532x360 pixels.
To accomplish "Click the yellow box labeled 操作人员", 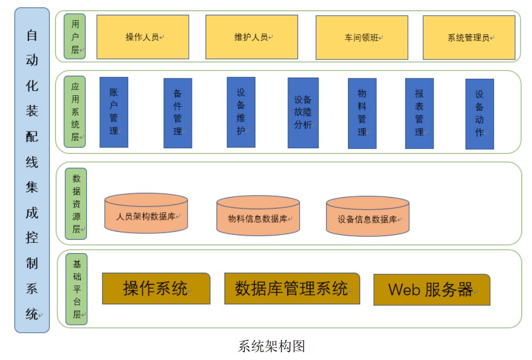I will tap(142, 37).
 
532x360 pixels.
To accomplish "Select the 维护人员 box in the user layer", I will tap(251, 37).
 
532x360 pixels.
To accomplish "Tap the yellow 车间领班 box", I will tap(361, 37).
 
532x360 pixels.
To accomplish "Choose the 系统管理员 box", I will tap(468, 37).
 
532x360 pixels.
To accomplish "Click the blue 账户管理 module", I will tap(114, 112).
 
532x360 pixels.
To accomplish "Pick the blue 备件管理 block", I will tap(178, 112).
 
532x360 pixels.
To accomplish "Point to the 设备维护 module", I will tap(241, 112).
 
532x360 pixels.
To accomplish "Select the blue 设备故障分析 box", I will tap(303, 112).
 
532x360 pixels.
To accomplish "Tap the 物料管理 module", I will tap(362, 113).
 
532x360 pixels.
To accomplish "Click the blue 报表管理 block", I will tap(419, 113).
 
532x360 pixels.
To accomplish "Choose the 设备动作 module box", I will tap(479, 114).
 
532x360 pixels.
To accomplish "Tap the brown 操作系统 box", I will tap(156, 289).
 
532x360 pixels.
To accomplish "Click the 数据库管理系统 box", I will tap(292, 288).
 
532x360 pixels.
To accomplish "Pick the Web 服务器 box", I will tap(432, 289).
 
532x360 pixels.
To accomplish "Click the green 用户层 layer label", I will tap(75, 36).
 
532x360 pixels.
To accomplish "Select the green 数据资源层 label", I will tap(76, 203).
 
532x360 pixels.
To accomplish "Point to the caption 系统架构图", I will tap(271, 346).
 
